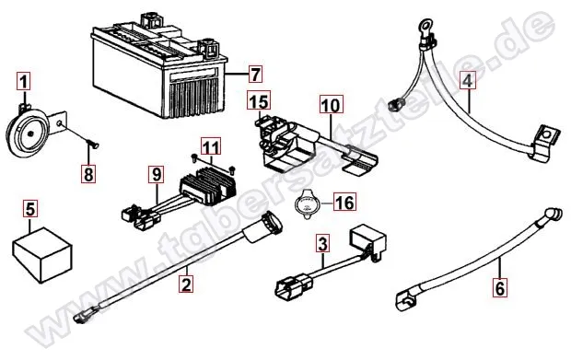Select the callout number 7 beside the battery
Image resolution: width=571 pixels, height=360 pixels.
tap(255, 73)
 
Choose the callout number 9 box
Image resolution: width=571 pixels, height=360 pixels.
tap(157, 172)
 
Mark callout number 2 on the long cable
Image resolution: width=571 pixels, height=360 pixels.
tap(187, 286)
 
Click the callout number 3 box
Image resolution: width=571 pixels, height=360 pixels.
tap(322, 244)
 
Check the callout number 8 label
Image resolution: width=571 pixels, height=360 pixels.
tap(88, 173)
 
